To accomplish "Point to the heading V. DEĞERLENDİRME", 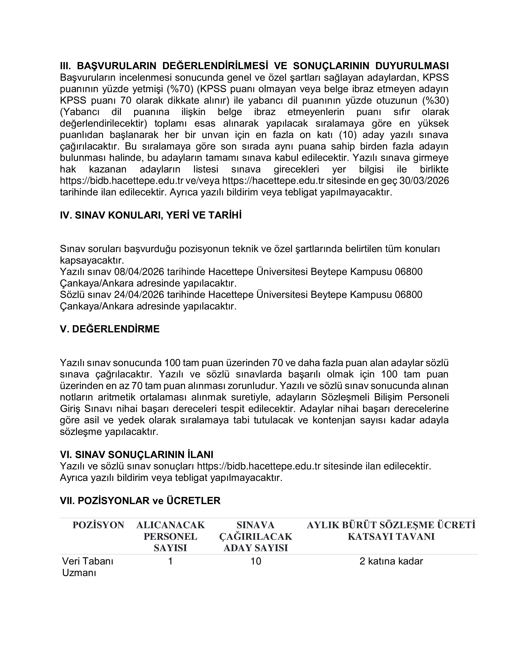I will point(110,329).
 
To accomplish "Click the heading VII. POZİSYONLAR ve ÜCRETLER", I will point(140,501).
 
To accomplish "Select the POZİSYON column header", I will point(98,525).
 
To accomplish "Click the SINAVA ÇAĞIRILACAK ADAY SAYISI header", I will point(256,536).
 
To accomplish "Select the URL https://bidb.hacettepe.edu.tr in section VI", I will point(258,466).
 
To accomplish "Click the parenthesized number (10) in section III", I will point(348,135).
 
